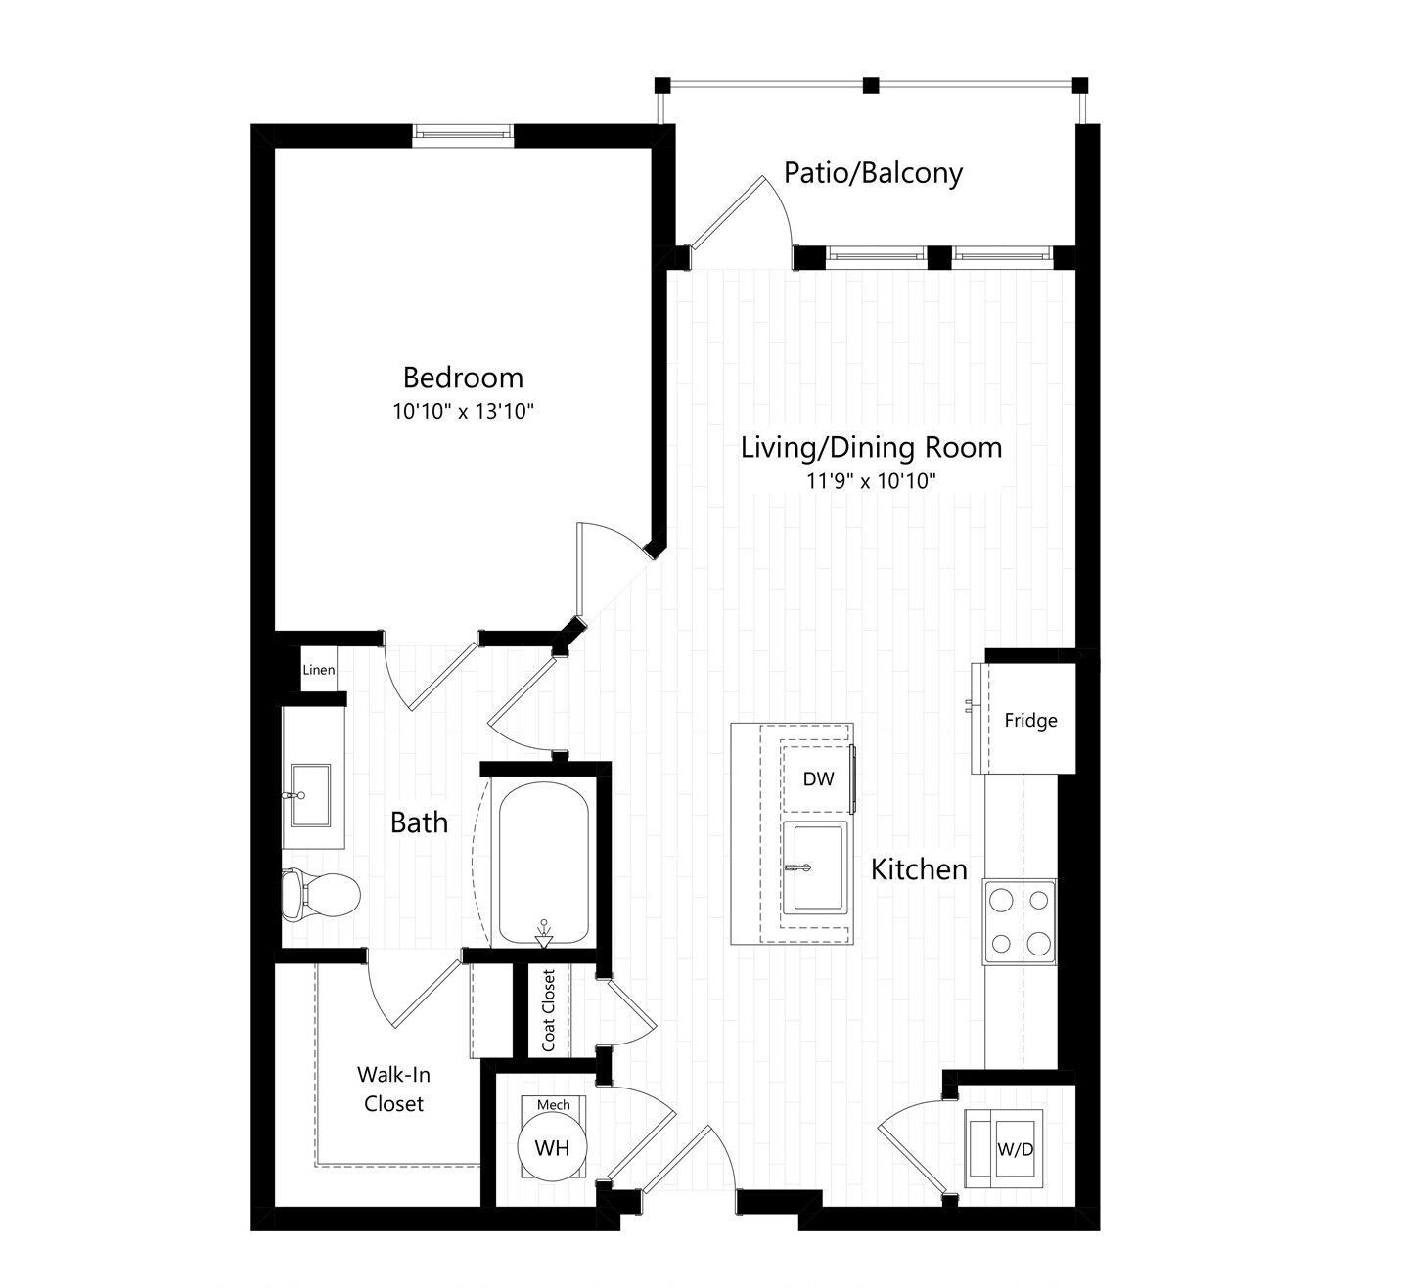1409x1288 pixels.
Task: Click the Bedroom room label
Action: pyautogui.click(x=463, y=378)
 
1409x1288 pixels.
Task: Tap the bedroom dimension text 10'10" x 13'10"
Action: pyautogui.click(x=463, y=411)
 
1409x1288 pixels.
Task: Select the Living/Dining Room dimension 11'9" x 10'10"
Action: pyautogui.click(x=871, y=481)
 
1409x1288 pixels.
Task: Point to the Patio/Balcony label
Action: pyautogui.click(x=873, y=173)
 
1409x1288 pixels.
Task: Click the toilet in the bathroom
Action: pyautogui.click(x=321, y=894)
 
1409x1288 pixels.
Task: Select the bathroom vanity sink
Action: pyautogui.click(x=310, y=795)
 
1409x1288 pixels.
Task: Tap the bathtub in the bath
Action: pyautogui.click(x=544, y=864)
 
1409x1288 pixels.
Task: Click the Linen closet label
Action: pyautogui.click(x=319, y=669)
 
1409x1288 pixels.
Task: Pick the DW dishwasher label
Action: pyautogui.click(x=818, y=778)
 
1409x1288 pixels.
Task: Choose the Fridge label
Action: pyautogui.click(x=1030, y=721)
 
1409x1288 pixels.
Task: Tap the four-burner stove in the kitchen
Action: pyautogui.click(x=1020, y=921)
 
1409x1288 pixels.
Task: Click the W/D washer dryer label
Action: pyautogui.click(x=1016, y=1150)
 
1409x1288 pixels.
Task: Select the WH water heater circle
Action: pyautogui.click(x=552, y=1147)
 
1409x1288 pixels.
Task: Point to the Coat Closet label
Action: pyautogui.click(x=549, y=1010)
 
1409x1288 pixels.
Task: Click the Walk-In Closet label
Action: pyautogui.click(x=393, y=1089)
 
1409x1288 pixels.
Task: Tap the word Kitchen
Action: pyautogui.click(x=919, y=869)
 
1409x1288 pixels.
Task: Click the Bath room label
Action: pyautogui.click(x=420, y=822)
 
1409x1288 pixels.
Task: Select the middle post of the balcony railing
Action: pyautogui.click(x=871, y=86)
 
